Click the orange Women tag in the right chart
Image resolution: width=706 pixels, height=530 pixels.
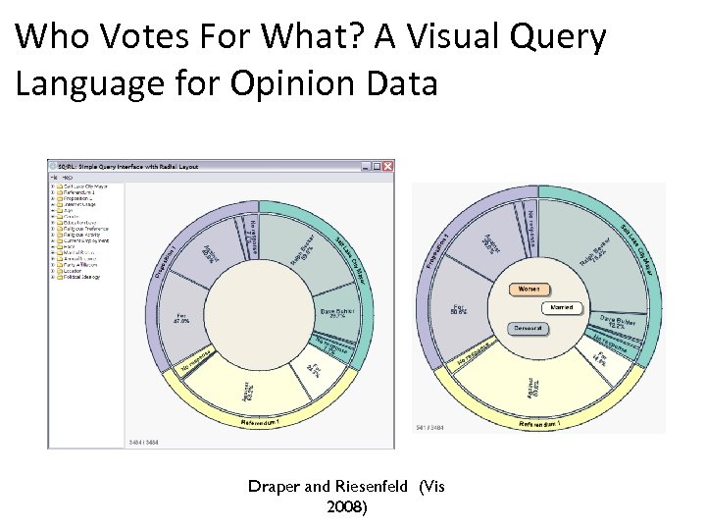[529, 290]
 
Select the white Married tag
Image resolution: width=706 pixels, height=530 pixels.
[562, 308]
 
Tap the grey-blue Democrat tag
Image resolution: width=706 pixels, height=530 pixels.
[529, 328]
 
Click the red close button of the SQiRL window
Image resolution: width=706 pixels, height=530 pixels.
[388, 166]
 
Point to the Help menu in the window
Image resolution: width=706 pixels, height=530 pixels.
[67, 177]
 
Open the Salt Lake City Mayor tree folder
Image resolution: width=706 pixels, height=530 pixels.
[84, 185]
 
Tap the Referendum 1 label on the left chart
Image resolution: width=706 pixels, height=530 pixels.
[267, 422]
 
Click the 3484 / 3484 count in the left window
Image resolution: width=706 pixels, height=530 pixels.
[144, 443]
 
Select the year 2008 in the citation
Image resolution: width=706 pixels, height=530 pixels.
[345, 506]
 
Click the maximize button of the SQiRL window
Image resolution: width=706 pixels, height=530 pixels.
[378, 166]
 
